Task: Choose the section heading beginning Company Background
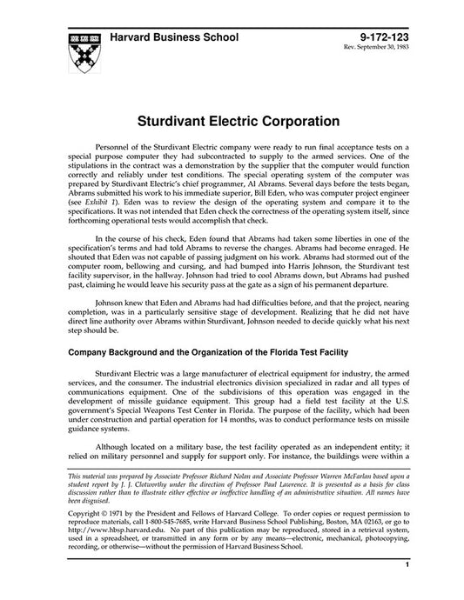[x=226, y=352]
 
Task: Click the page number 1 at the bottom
[x=407, y=589]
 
